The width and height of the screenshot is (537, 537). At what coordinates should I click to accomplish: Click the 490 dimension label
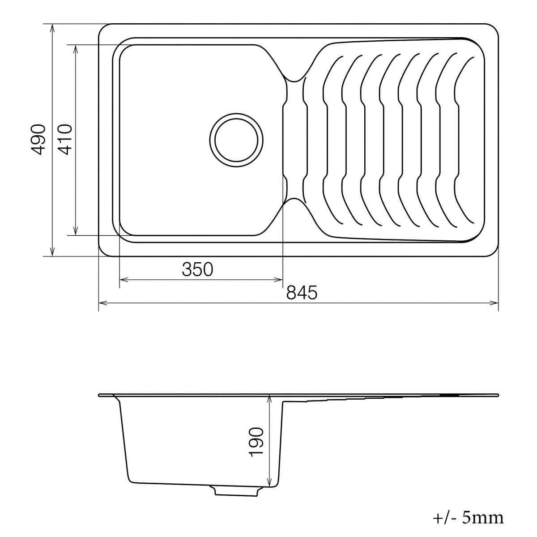tap(38, 139)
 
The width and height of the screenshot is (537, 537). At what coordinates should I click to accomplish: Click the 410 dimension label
tap(66, 139)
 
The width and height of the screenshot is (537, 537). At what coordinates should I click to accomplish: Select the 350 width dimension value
tap(197, 269)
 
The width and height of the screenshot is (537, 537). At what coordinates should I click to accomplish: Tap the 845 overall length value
tap(302, 293)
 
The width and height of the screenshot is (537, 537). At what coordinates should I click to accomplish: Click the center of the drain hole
tap(236, 140)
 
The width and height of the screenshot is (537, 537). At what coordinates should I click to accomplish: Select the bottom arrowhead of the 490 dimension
tap(52, 252)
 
